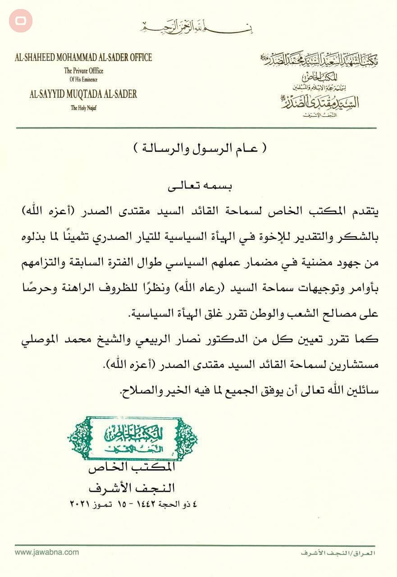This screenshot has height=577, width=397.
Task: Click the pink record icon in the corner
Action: (21, 21)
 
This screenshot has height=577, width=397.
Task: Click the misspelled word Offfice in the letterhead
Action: (92, 71)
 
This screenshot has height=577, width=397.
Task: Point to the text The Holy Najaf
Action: (83, 108)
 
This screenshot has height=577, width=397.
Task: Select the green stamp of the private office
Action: (132, 438)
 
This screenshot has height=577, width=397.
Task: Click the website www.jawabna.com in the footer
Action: (47, 552)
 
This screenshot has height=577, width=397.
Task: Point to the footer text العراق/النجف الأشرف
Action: (338, 553)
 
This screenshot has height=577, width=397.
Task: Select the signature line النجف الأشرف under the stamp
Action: (132, 488)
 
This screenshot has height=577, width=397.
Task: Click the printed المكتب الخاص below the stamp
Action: (132, 469)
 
